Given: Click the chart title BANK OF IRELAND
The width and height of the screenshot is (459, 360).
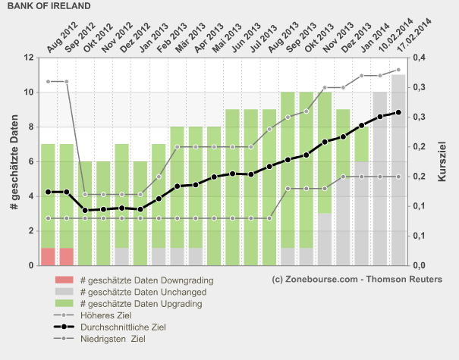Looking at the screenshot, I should [x=49, y=5].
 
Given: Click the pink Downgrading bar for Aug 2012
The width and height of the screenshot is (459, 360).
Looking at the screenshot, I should [x=48, y=256].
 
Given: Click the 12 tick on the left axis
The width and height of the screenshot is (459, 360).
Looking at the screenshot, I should [x=28, y=58].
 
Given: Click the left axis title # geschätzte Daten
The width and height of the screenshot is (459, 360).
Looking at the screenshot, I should [x=13, y=160].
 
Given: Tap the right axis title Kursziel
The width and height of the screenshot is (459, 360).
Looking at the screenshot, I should [x=442, y=160].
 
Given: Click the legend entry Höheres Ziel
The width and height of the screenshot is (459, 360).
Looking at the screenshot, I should [x=104, y=316].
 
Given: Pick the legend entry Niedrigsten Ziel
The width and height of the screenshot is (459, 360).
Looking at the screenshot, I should [x=112, y=340].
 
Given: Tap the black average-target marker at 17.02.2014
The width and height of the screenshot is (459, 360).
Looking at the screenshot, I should [x=398, y=112].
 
